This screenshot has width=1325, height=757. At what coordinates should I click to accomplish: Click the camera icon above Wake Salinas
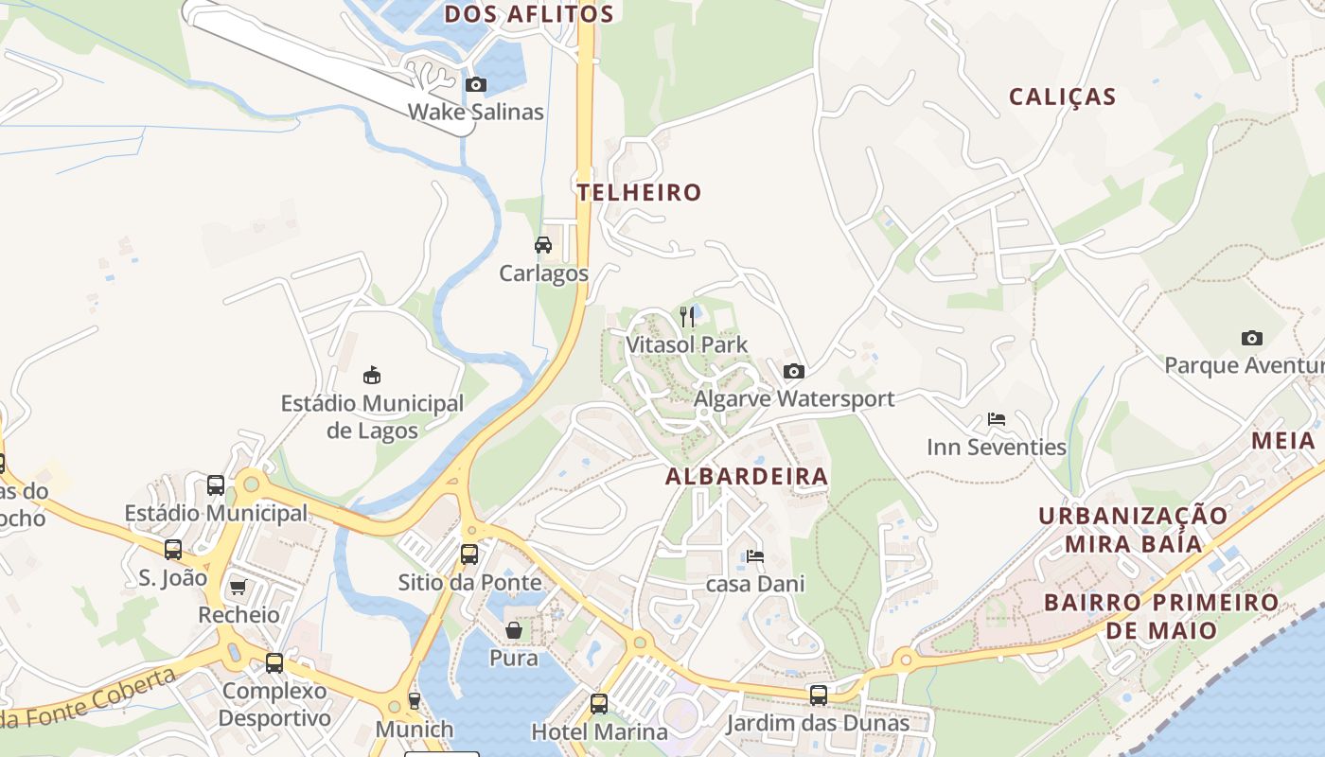pos(476,85)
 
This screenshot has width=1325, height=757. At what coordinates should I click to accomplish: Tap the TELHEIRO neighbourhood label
pos(640,193)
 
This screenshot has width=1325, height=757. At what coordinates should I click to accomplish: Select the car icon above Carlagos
pos(543,245)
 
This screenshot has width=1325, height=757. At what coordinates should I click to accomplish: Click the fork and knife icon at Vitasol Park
pos(687,317)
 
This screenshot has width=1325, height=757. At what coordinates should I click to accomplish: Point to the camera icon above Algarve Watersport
pos(793,371)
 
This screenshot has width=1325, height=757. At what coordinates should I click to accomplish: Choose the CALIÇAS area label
pos(1062,97)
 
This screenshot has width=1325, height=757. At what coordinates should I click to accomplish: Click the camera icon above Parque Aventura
pos(1251,338)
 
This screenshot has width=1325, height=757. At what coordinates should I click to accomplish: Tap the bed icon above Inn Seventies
pos(996,419)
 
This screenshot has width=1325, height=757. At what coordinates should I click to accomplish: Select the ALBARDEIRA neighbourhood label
pos(747,477)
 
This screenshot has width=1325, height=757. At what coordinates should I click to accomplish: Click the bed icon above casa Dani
pos(754,556)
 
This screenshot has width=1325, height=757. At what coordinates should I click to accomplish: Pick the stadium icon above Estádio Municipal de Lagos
pos(372,376)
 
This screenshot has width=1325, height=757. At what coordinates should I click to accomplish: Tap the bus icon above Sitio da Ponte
pos(468,555)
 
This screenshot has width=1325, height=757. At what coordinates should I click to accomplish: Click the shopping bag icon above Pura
pos(513,630)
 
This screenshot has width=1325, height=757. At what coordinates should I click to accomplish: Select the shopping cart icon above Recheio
pos(238,588)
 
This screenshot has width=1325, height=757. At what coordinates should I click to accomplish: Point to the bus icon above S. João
pos(172,550)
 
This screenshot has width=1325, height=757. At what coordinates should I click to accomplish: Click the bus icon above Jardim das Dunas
pos(818,695)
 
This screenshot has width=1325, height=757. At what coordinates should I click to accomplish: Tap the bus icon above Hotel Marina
pos(598,704)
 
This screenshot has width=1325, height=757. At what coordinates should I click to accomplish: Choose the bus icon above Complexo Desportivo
pos(274,663)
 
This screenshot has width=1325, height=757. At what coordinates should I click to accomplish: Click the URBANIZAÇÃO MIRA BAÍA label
pos(1133,530)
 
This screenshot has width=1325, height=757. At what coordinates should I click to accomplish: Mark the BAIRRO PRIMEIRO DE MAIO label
pos(1160,616)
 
